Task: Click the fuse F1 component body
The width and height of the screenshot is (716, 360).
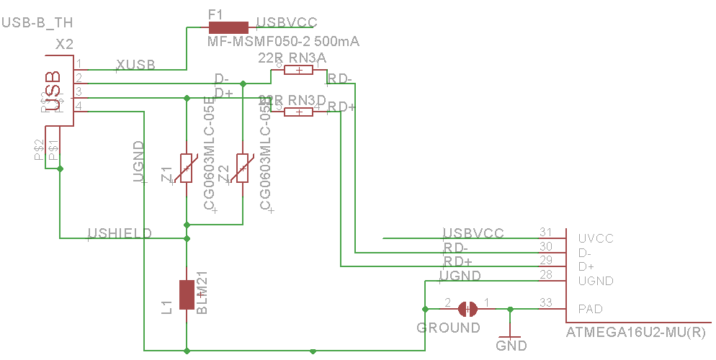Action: point(228,28)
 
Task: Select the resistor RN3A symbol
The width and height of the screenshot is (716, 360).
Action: point(298,70)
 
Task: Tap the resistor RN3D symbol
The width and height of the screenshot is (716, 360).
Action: point(298,112)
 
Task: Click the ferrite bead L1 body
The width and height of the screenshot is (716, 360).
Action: point(187,294)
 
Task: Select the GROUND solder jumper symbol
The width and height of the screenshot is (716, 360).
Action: point(467,309)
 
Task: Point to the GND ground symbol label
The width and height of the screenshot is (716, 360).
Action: point(511,346)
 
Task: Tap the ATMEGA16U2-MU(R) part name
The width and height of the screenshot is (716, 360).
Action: point(636,333)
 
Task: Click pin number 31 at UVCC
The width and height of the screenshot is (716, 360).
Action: point(545,232)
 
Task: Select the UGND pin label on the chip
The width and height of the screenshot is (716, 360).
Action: point(595,281)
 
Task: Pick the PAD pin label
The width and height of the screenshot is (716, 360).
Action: point(591,309)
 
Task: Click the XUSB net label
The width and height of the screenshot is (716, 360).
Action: point(135,64)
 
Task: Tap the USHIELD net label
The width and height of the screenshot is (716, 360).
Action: point(120,233)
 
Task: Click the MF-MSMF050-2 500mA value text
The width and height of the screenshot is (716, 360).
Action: point(283,42)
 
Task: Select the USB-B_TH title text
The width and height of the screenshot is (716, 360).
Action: point(37,23)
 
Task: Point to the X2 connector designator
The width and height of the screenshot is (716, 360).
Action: point(65,45)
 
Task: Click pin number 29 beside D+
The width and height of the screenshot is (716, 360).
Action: point(545,260)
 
